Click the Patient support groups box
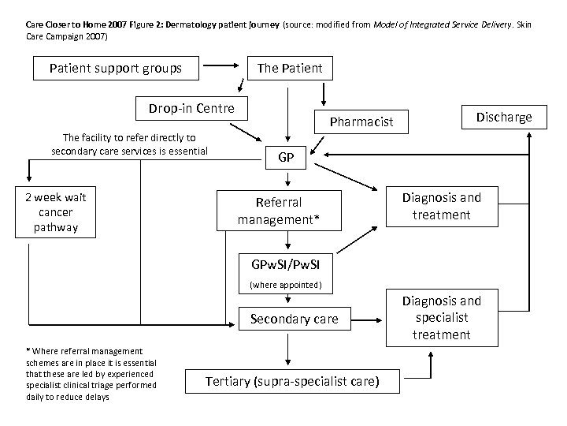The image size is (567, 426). pyautogui.click(x=116, y=68)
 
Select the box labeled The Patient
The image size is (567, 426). pyautogui.click(x=289, y=68)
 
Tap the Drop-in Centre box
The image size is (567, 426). pyautogui.click(x=186, y=108)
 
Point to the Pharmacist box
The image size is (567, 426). pyautogui.click(x=361, y=122)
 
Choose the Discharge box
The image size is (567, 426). pyautogui.click(x=503, y=118)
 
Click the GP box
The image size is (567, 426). pyautogui.click(x=286, y=158)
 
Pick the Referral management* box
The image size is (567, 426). pyautogui.click(x=280, y=211)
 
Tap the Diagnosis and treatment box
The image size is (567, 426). pyautogui.click(x=441, y=206)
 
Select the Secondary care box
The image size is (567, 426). pyautogui.click(x=294, y=319)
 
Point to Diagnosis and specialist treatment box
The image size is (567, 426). pyautogui.click(x=441, y=317)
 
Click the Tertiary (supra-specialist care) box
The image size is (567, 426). pyautogui.click(x=292, y=382)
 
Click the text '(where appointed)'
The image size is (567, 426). pyautogui.click(x=286, y=285)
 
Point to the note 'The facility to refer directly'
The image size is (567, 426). pyautogui.click(x=129, y=144)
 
